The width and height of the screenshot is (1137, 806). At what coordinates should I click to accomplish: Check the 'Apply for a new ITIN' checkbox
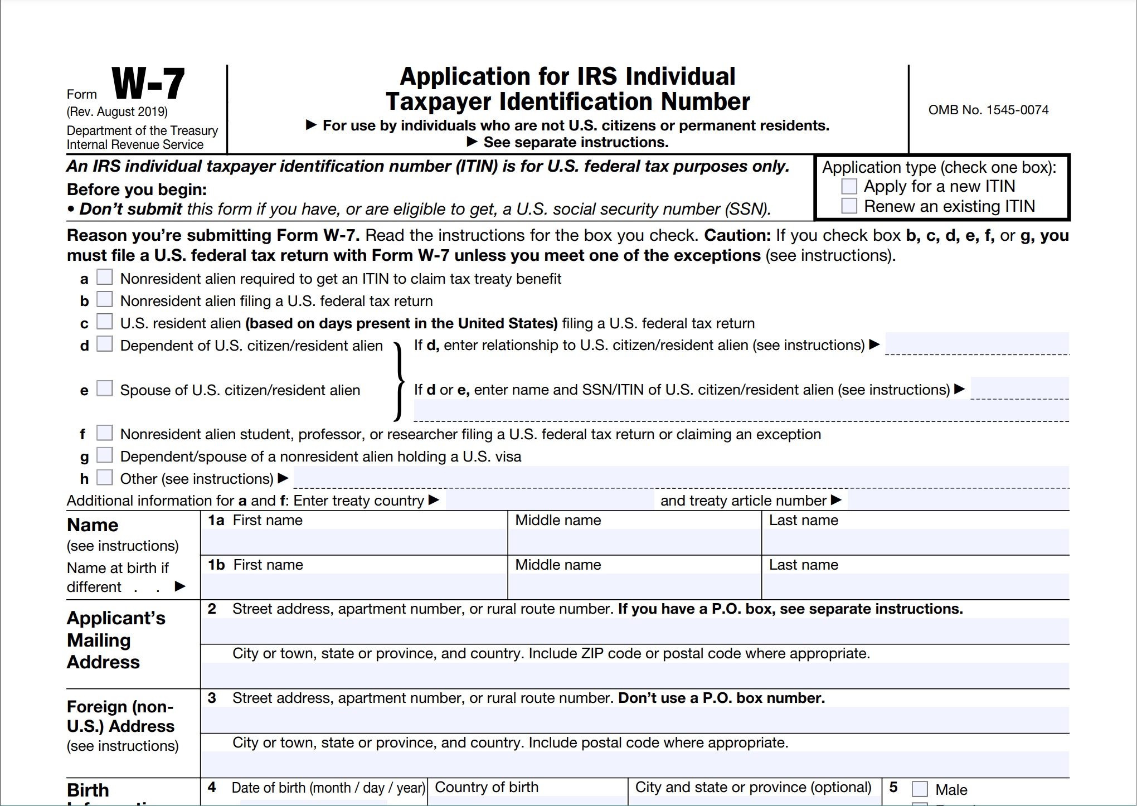[x=849, y=186]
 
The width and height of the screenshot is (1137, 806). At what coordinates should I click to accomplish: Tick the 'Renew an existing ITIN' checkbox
[x=849, y=206]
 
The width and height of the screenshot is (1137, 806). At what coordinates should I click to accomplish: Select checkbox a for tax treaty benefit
[x=105, y=277]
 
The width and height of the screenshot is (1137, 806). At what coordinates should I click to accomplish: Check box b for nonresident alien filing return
[x=105, y=299]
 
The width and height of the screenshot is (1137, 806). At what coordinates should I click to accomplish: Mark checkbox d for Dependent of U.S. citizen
[x=105, y=344]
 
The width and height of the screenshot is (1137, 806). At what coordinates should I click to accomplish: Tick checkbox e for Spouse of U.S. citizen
[x=105, y=389]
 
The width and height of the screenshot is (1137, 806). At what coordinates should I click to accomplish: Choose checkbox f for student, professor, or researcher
[x=105, y=433]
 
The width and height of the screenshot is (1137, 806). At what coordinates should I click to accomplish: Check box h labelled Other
[x=105, y=478]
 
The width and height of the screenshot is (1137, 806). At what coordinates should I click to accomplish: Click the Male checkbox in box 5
[x=920, y=789]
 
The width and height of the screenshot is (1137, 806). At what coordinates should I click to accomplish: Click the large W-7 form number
[x=148, y=84]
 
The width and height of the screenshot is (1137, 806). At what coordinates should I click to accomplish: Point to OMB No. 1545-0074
[x=988, y=110]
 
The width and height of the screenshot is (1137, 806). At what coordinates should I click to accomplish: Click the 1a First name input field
[x=354, y=542]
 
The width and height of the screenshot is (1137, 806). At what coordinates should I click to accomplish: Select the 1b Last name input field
[x=915, y=586]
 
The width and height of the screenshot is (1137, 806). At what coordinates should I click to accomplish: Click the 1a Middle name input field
[x=634, y=542]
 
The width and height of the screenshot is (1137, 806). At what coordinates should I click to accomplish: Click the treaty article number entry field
[x=958, y=500]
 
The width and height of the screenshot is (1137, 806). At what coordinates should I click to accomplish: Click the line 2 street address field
[x=634, y=631]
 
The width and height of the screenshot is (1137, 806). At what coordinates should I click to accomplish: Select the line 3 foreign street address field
[x=634, y=720]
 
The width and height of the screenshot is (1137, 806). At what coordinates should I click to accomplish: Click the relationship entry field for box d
[x=976, y=343]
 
